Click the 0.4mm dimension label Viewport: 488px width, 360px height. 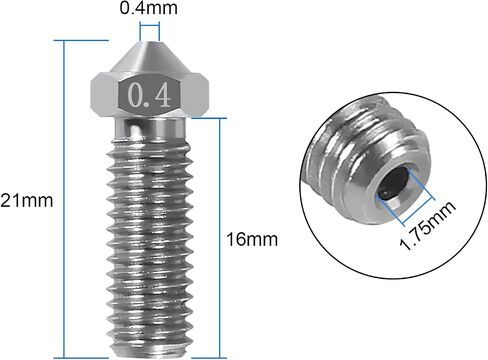148,8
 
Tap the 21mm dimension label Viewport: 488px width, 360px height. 27,201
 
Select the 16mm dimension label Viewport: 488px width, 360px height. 252,239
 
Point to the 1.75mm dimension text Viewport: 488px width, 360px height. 428,225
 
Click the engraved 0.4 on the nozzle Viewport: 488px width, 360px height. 149,95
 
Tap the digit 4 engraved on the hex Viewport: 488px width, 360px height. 162,95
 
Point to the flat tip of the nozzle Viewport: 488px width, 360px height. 149,42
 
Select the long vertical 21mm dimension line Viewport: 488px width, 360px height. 64,199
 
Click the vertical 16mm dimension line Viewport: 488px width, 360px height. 219,238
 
